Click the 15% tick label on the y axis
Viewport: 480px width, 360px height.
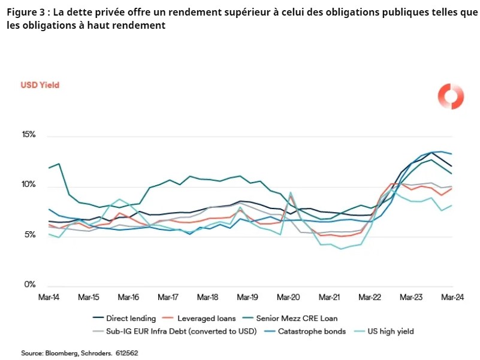tap(28, 135)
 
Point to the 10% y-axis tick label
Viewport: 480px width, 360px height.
tap(28, 185)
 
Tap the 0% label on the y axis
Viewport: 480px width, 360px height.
tap(30, 285)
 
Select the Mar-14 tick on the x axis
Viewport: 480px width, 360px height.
tap(49, 297)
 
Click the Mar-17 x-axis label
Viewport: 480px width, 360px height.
tap(168, 297)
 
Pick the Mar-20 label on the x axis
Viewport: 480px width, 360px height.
tap(288, 297)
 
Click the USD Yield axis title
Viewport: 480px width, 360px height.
tap(40, 85)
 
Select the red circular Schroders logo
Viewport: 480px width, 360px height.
tap(451, 96)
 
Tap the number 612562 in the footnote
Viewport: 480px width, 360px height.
tap(127, 353)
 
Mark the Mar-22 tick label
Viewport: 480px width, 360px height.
tap(370, 297)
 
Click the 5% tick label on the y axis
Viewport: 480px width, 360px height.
tap(30, 235)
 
